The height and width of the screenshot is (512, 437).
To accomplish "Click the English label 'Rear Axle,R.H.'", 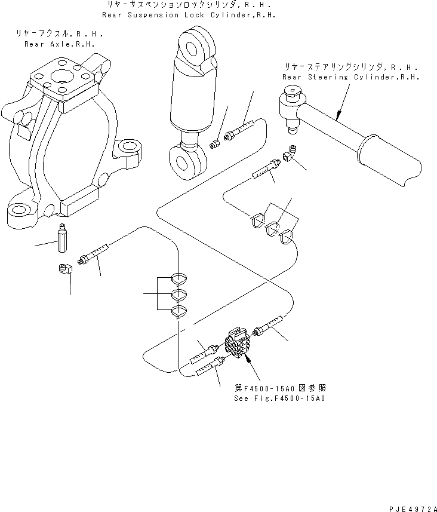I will point(59,44).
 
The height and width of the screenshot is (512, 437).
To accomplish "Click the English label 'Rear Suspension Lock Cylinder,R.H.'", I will point(189,14).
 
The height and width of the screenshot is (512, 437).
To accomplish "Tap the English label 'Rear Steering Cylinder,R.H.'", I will point(351,78).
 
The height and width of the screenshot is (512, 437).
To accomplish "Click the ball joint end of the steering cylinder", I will point(291,108).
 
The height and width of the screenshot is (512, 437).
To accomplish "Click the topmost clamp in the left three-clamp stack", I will point(180,277).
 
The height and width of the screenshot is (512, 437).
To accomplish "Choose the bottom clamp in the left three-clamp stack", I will point(180,311).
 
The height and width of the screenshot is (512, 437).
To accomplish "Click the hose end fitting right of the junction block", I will point(266,327).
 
